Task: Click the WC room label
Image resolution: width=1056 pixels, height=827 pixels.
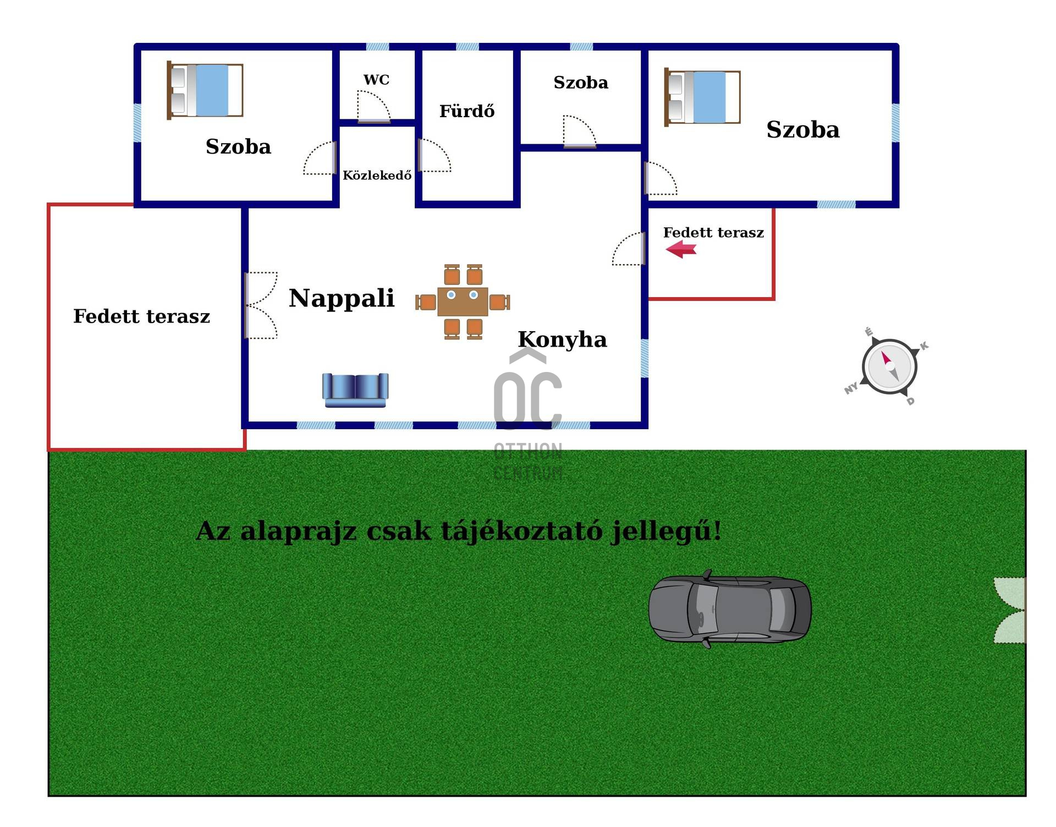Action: click(x=376, y=80)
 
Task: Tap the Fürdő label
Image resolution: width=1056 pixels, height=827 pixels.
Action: click(x=466, y=112)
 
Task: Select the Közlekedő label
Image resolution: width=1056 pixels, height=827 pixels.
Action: click(x=377, y=176)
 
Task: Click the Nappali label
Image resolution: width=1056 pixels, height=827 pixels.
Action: click(x=342, y=299)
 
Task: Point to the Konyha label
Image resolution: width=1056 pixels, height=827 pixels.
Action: click(x=562, y=339)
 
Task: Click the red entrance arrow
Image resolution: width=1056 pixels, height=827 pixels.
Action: click(x=681, y=249)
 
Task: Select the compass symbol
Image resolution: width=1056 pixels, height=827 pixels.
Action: click(x=889, y=366)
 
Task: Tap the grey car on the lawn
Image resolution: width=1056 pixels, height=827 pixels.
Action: click(x=729, y=609)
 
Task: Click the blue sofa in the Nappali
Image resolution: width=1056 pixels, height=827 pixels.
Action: click(x=355, y=390)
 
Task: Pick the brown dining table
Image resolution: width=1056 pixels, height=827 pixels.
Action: click(x=463, y=302)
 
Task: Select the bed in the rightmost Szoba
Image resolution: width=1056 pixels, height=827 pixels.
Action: click(x=702, y=97)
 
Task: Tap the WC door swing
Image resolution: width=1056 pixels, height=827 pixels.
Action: click(x=373, y=107)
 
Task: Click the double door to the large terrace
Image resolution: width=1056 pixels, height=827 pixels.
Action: click(x=261, y=305)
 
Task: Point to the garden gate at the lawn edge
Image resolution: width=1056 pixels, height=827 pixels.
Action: click(x=1010, y=610)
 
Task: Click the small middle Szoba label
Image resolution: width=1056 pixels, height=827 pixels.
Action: click(x=581, y=83)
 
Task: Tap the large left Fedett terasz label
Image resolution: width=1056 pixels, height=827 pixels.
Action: click(x=141, y=317)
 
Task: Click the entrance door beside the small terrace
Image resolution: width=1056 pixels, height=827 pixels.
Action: click(x=628, y=249)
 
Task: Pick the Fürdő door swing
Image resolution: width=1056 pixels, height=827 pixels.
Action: click(x=435, y=156)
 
